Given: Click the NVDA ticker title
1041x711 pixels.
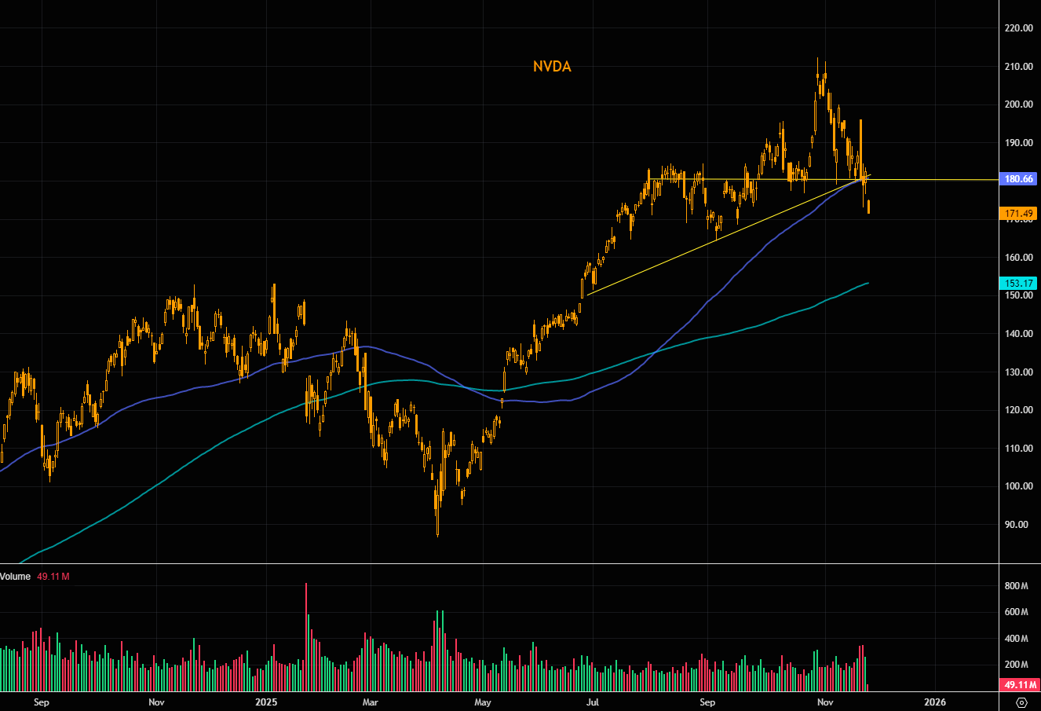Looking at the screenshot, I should [552, 67].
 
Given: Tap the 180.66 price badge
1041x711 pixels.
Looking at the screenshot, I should [1020, 179].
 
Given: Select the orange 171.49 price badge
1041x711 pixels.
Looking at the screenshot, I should [1020, 214].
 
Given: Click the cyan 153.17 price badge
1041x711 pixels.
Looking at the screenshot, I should [1020, 283].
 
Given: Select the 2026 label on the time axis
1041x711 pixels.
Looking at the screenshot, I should [934, 702].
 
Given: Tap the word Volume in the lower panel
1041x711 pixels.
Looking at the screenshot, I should [16, 577].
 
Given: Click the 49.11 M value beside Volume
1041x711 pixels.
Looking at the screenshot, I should [54, 577].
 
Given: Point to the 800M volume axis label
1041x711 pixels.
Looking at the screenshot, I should [1016, 587].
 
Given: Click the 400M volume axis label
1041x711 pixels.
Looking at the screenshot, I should [1016, 638].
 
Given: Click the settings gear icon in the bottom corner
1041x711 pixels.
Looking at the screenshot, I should [1021, 702].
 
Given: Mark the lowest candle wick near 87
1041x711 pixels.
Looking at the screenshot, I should [437, 533].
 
